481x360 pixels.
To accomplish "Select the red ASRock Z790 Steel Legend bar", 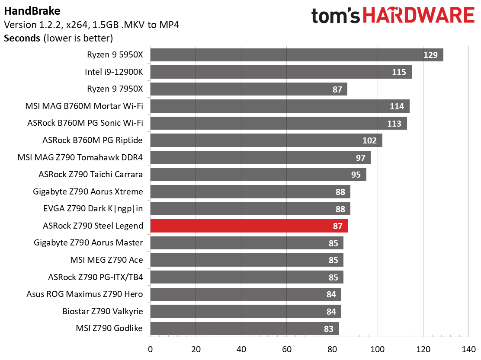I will tap(249, 226).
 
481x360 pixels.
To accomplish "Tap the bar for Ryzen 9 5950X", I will tap(296, 55).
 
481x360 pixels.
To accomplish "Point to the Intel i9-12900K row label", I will tap(114, 72).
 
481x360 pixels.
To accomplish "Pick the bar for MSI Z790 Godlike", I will tap(244, 328).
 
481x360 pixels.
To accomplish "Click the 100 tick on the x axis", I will tap(378, 349).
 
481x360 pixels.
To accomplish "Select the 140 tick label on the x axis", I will tap(468, 349).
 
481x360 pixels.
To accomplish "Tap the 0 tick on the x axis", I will tap(150, 349).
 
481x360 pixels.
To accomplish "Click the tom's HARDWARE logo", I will tap(393, 16).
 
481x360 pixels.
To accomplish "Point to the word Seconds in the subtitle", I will tap(22, 38).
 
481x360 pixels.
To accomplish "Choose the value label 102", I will tap(370, 140).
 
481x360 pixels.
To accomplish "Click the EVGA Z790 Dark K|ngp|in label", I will tap(93, 209).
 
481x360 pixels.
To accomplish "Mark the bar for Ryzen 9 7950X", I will tap(248, 89).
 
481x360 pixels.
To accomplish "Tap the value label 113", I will tap(394, 124).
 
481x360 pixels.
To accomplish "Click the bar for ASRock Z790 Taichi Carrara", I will tap(258, 175).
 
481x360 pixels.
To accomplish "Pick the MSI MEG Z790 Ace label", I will tap(106, 260).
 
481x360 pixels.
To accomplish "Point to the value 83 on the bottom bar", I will tap(329, 329).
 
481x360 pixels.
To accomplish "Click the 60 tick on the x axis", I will tap(287, 349).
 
